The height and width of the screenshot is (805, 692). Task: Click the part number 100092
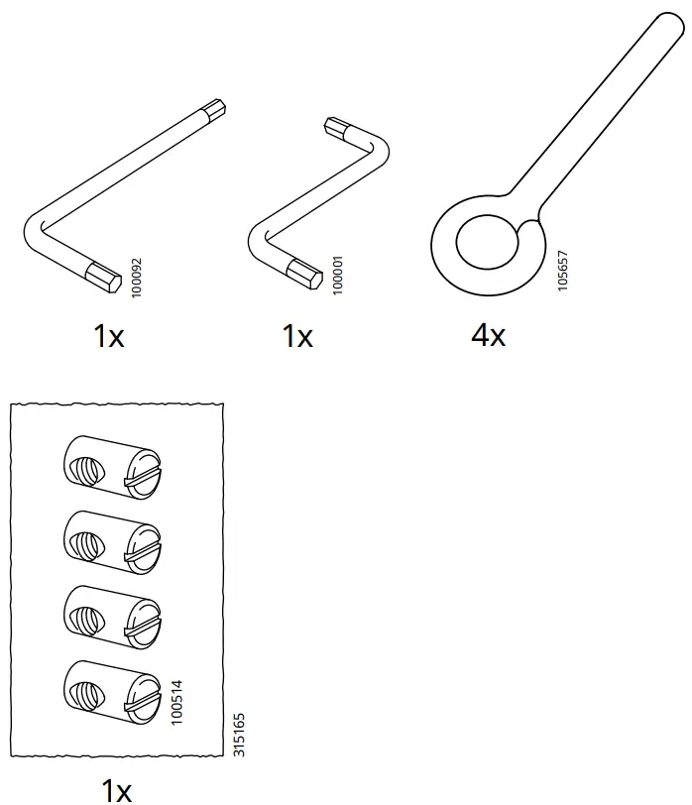tap(137, 279)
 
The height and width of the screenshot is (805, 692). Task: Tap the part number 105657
tap(562, 269)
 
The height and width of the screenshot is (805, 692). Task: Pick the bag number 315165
tap(238, 735)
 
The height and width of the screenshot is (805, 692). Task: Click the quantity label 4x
tap(488, 335)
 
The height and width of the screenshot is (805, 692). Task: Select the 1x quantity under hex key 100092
tap(108, 336)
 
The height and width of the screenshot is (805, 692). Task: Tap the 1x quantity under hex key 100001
tap(296, 336)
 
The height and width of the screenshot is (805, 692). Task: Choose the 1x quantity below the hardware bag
tap(117, 789)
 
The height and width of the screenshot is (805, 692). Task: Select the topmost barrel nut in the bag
tap(111, 466)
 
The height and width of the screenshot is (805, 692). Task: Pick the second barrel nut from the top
tap(111, 541)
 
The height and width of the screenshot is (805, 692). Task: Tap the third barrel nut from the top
tap(111, 615)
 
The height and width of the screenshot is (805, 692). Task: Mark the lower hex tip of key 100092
tap(102, 274)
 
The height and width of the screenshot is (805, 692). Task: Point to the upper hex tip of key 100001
tap(338, 127)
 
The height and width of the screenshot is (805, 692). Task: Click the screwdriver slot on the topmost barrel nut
tap(142, 479)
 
